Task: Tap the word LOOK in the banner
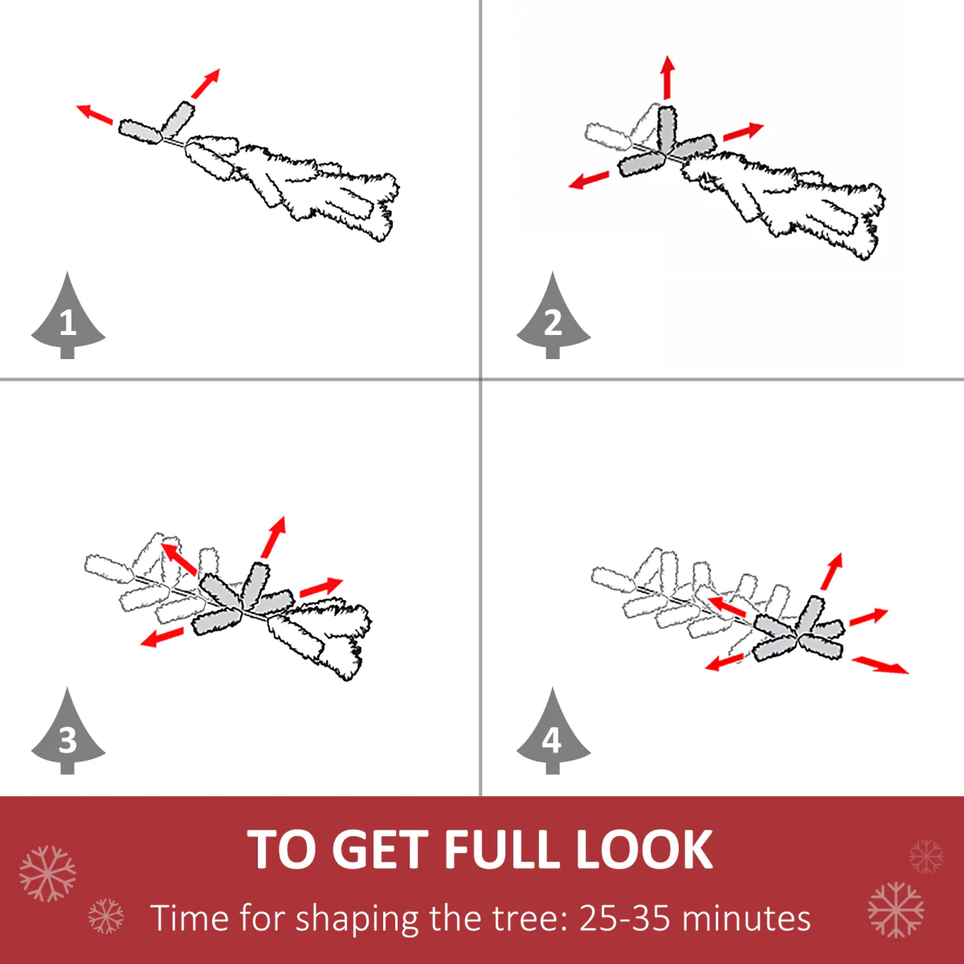click(645, 849)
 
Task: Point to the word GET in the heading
click(380, 849)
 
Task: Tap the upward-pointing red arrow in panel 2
click(668, 77)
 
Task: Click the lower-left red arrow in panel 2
click(589, 180)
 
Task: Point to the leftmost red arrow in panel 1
click(95, 114)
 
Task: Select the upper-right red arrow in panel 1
click(206, 84)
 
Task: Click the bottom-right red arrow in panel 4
click(880, 665)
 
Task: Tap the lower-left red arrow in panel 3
click(162, 637)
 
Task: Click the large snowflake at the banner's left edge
click(47, 873)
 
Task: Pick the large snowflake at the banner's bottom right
click(896, 910)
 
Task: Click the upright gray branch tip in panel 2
click(668, 129)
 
